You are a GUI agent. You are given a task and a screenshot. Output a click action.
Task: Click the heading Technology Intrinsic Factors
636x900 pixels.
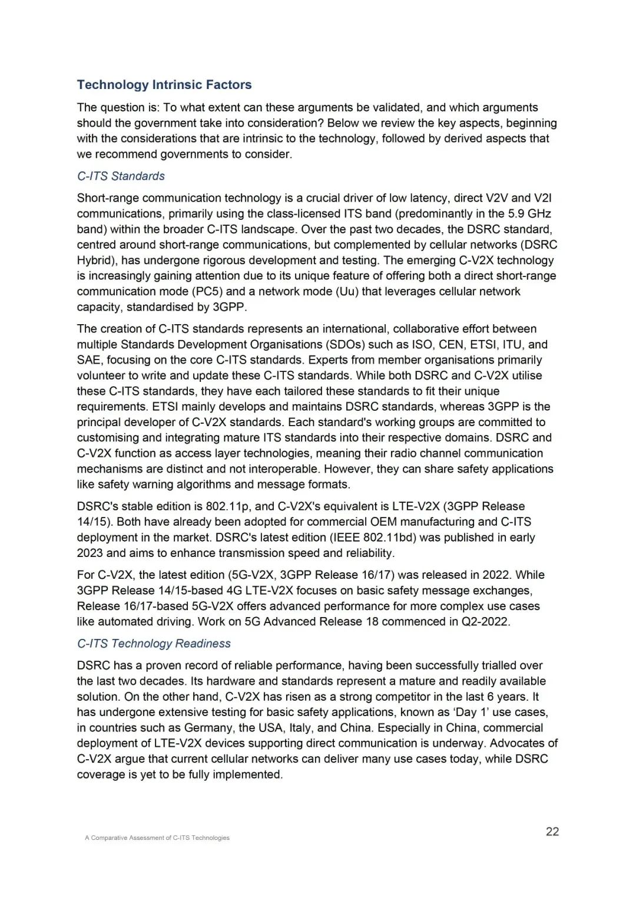click(164, 85)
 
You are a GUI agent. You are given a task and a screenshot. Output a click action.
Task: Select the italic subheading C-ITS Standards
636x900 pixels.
click(121, 176)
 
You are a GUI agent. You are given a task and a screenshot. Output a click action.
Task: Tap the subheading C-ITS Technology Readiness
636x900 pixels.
click(154, 644)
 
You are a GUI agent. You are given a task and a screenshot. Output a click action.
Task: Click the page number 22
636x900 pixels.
click(552, 832)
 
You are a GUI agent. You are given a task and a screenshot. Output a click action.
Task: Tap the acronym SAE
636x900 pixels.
click(89, 360)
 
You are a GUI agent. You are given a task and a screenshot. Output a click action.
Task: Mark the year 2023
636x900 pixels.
click(90, 553)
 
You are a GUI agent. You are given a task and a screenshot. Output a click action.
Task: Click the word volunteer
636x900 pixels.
click(102, 376)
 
